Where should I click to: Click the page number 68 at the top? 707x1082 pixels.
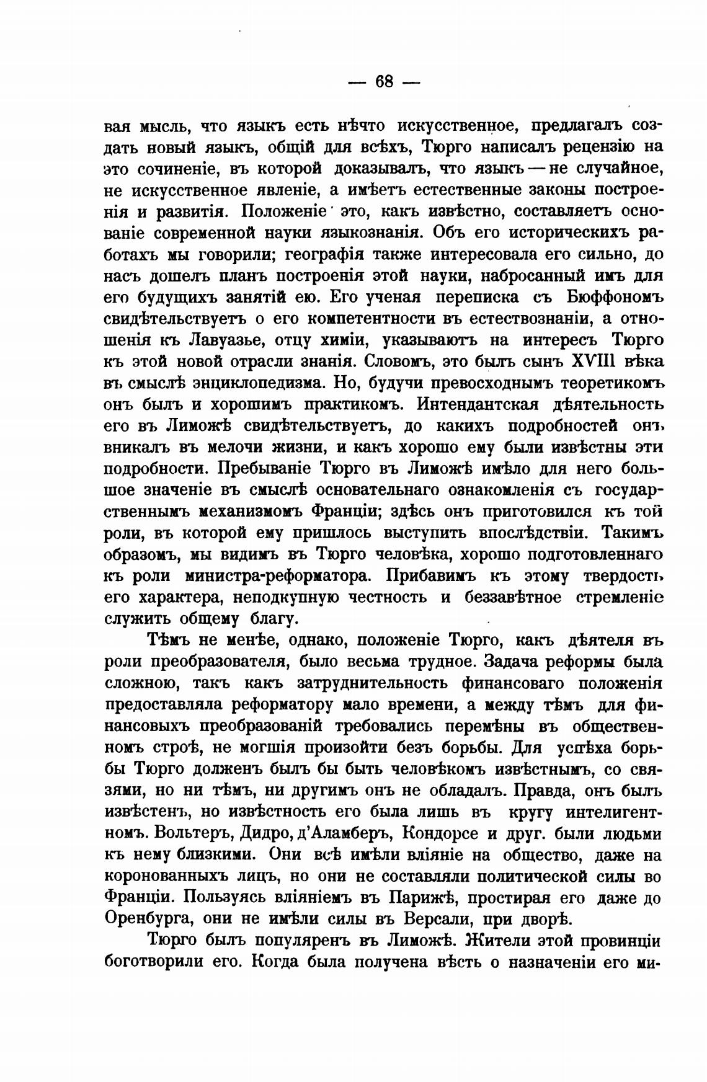coord(385,81)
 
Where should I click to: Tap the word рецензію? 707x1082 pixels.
coord(590,146)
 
